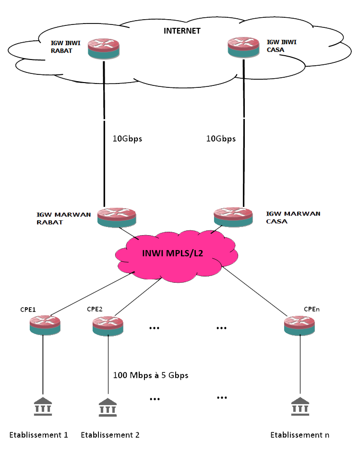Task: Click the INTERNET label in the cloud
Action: click(x=182, y=31)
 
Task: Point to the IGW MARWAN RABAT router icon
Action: click(x=116, y=217)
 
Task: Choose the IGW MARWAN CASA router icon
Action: click(x=233, y=217)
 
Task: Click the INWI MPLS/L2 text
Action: click(x=173, y=253)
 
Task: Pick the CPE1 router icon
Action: click(x=45, y=325)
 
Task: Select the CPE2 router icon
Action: click(x=108, y=325)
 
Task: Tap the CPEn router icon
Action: click(x=299, y=325)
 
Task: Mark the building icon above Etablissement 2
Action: click(x=107, y=407)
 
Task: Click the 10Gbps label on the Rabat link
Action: click(x=127, y=139)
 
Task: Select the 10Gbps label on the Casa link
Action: click(x=221, y=139)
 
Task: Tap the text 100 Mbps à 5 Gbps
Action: click(x=150, y=375)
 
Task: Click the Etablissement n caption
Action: click(x=300, y=435)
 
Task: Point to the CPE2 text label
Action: click(x=95, y=309)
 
